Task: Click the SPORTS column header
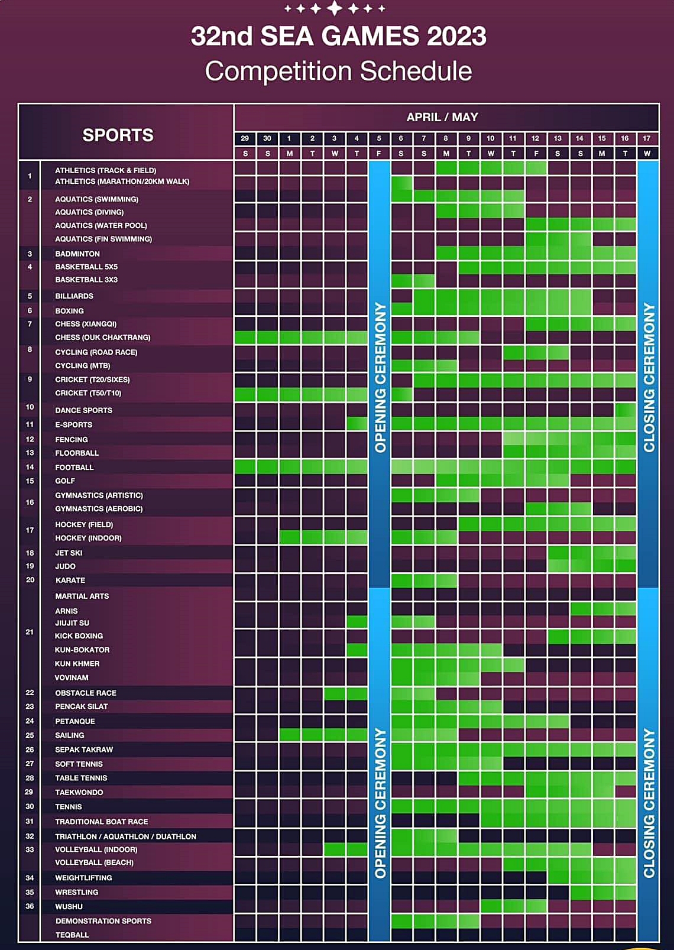pyautogui.click(x=118, y=135)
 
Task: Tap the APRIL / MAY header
pyautogui.click(x=442, y=117)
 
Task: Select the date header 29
pyautogui.click(x=245, y=138)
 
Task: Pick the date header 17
pyautogui.click(x=646, y=138)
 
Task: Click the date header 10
pyautogui.click(x=490, y=138)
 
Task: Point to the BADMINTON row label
pyautogui.click(x=77, y=254)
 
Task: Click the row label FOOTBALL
pyautogui.click(x=74, y=468)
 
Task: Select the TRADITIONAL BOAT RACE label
pyautogui.click(x=101, y=822)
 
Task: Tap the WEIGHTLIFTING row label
pyautogui.click(x=83, y=877)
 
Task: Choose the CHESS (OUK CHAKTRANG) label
pyautogui.click(x=103, y=337)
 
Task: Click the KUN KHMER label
pyautogui.click(x=77, y=664)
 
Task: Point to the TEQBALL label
pyautogui.click(x=72, y=935)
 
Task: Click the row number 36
pyautogui.click(x=30, y=906)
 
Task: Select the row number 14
pyautogui.click(x=30, y=467)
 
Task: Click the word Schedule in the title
pyautogui.click(x=416, y=71)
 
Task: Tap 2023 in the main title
pyautogui.click(x=456, y=36)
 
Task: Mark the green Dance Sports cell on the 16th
pyautogui.click(x=625, y=410)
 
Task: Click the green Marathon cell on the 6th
pyautogui.click(x=401, y=183)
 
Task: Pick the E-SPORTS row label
pyautogui.click(x=73, y=424)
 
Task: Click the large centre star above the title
pyautogui.click(x=335, y=8)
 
